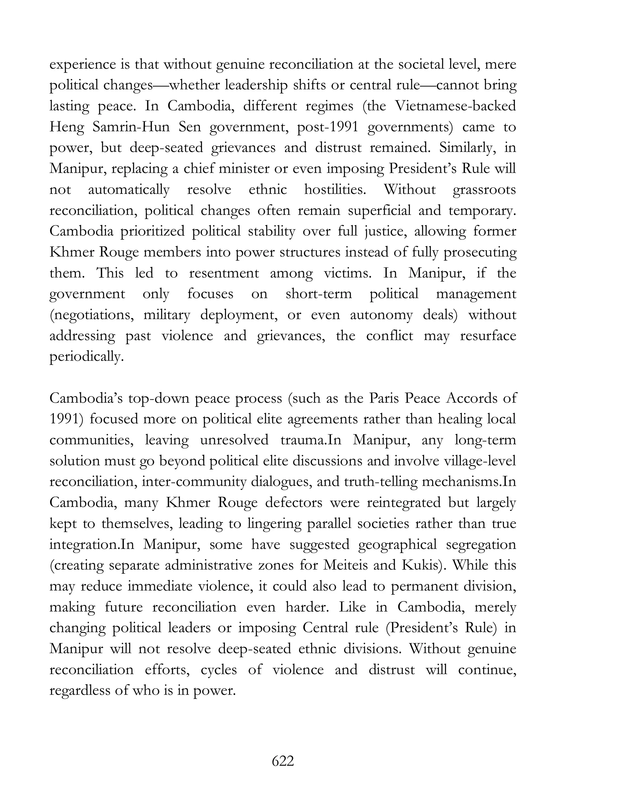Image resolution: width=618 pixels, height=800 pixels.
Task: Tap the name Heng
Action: click(x=67, y=127)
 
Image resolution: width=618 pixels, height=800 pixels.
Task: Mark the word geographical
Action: click(x=397, y=544)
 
